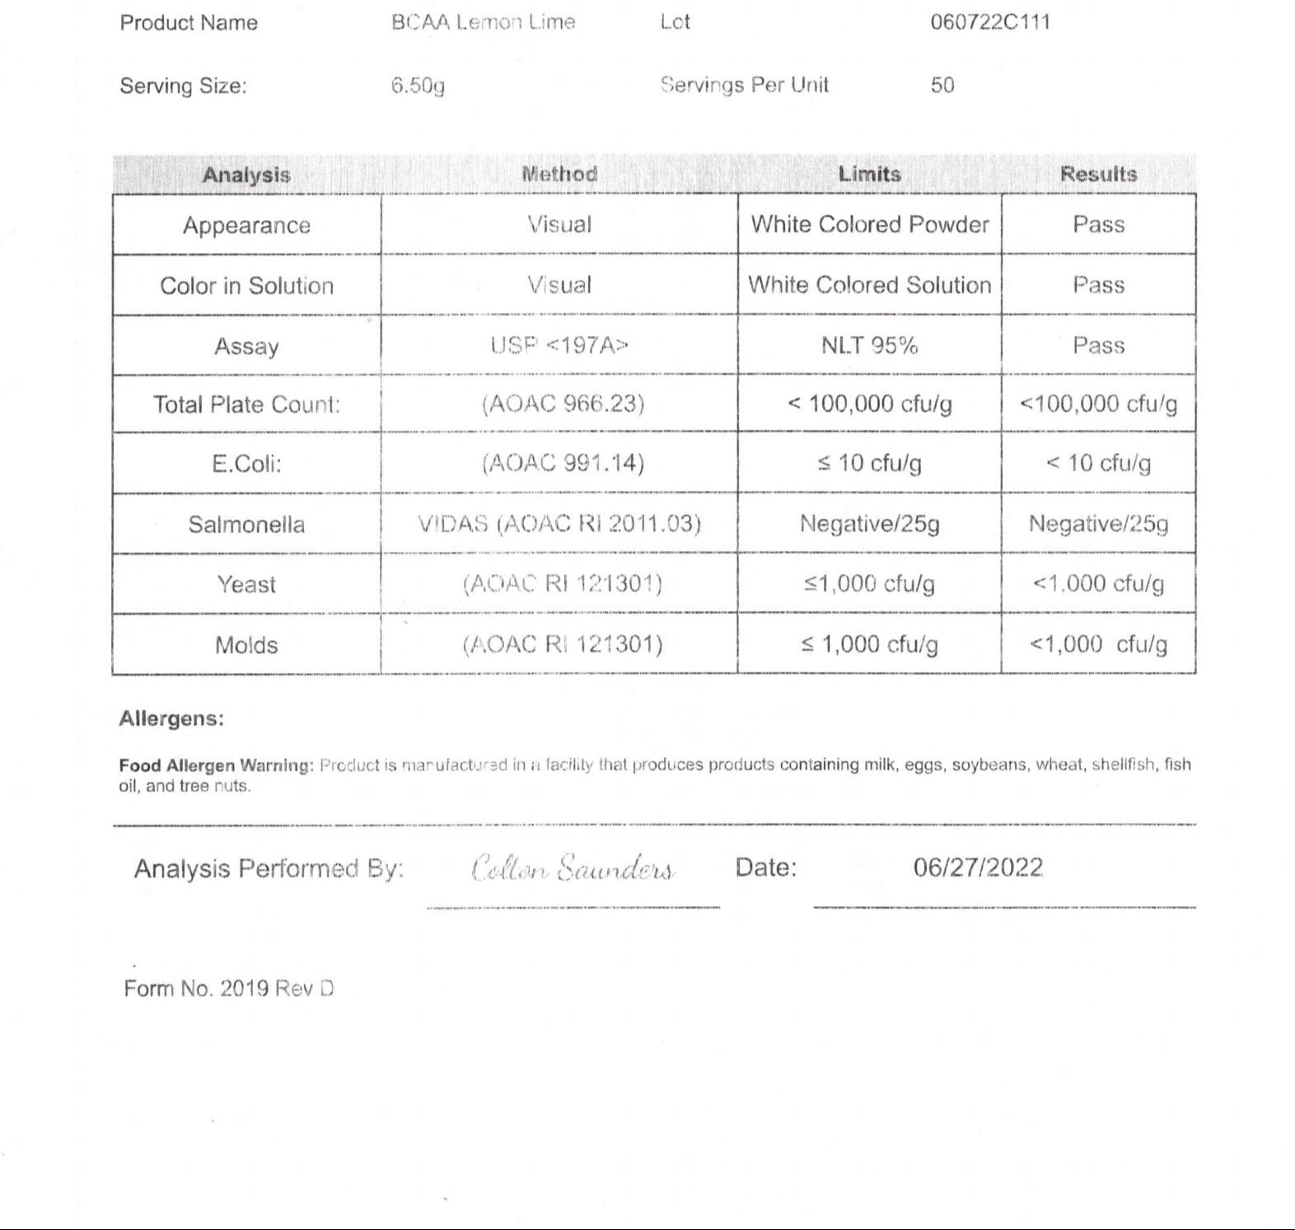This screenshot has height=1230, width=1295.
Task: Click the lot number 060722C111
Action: pos(990,22)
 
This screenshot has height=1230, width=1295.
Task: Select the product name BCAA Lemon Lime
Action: pos(483,22)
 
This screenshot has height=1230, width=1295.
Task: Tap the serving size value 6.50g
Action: pos(418,86)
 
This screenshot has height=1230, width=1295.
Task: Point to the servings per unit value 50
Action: pos(942,85)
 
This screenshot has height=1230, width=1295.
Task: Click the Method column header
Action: pos(559,174)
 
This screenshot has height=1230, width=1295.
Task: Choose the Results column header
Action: pos(1098,174)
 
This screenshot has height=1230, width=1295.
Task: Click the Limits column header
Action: pos(869,174)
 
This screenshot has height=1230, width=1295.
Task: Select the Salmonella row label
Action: pos(246,524)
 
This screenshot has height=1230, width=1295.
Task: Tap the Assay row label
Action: pos(246,346)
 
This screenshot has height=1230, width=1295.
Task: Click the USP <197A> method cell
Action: pos(559,345)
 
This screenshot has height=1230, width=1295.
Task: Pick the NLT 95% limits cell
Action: pos(869,345)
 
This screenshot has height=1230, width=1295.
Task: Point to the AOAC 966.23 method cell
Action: pos(563,404)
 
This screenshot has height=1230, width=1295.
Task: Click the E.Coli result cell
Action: pos(1098,463)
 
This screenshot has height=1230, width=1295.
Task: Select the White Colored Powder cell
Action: pos(869,224)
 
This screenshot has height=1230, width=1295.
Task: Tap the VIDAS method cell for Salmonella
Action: pos(559,524)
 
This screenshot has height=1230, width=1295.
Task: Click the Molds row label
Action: pos(246,644)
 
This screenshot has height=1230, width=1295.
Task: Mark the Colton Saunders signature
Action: pos(573,869)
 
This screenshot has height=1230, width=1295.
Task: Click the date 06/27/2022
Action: pos(978,868)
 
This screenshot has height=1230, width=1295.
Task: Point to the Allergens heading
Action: pos(171,718)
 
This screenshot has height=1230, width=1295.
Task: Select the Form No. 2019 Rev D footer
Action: pos(228,989)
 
